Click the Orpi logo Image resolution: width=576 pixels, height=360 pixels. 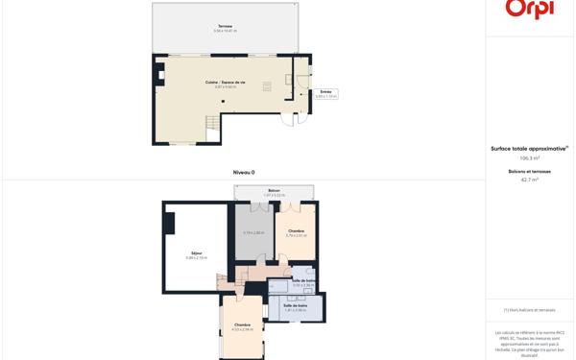(x=529, y=9)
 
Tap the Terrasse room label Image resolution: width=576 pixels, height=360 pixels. (x=225, y=28)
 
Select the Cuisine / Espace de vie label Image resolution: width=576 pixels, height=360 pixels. (x=225, y=84)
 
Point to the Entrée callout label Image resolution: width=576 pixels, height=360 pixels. (x=325, y=93)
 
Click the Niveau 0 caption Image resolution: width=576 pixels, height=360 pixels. (x=244, y=172)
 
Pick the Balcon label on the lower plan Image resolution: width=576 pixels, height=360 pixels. (x=274, y=192)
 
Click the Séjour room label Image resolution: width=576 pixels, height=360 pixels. (x=196, y=254)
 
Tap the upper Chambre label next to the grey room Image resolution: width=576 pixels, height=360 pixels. (x=296, y=231)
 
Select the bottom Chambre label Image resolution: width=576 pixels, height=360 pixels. (x=242, y=326)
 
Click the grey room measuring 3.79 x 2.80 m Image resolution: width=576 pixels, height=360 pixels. (x=253, y=233)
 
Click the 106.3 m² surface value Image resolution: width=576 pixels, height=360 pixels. (x=529, y=157)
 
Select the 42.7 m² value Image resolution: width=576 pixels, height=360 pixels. (x=529, y=180)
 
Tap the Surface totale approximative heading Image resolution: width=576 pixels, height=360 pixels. (x=529, y=148)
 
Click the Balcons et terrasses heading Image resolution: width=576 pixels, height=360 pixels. (x=529, y=171)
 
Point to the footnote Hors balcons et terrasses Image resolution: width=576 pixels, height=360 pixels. (x=529, y=309)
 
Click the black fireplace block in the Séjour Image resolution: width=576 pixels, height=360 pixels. (x=169, y=223)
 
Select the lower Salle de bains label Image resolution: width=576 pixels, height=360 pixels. (x=295, y=306)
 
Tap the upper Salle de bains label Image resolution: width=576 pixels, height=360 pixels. (x=303, y=282)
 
